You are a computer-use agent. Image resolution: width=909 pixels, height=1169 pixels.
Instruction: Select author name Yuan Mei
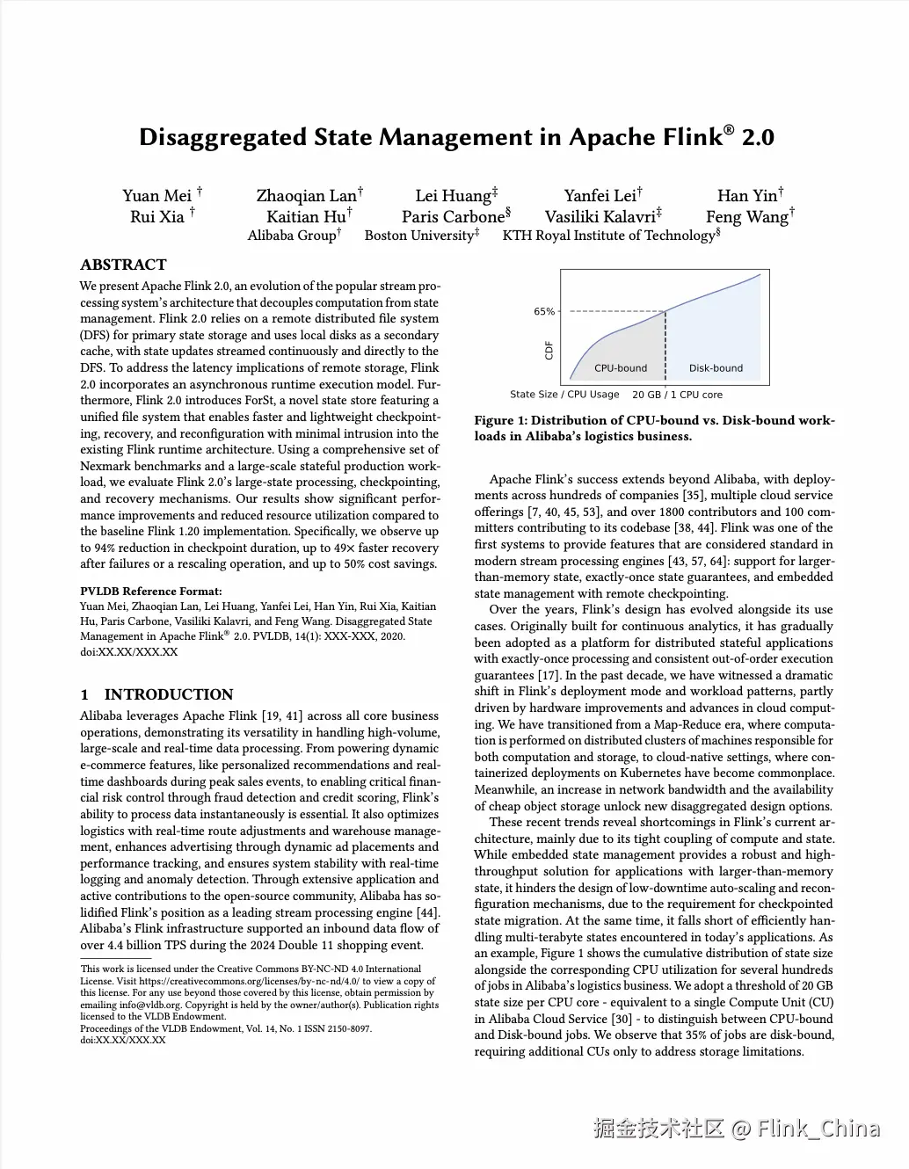tap(156, 196)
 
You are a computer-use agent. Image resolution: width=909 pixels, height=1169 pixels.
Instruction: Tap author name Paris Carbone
tap(453, 217)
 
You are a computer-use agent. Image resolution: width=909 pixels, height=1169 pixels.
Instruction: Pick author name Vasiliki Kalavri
tap(600, 217)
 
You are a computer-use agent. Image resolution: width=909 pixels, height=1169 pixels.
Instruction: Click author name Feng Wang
tap(746, 217)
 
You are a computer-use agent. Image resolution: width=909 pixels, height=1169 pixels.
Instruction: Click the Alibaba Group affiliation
tap(291, 236)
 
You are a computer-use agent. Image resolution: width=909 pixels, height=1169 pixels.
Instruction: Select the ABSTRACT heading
tap(123, 265)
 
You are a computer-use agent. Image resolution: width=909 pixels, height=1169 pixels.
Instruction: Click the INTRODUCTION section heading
tap(169, 694)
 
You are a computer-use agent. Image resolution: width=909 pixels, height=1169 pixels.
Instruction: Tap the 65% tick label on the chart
tap(544, 312)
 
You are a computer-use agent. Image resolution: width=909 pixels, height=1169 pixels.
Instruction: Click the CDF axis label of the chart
tap(549, 351)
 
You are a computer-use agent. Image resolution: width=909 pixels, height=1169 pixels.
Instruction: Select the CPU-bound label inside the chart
tap(621, 368)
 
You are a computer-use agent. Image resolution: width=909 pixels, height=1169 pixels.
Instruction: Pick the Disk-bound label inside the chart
tap(716, 368)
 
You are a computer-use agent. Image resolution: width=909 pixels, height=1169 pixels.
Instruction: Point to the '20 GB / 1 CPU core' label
tap(677, 395)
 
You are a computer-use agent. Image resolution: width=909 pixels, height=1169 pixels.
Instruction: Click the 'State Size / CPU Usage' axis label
tap(564, 395)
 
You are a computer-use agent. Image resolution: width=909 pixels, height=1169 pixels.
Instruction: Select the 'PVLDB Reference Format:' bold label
tap(151, 592)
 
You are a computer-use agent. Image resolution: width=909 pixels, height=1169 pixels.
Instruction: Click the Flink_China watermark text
tap(818, 1129)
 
